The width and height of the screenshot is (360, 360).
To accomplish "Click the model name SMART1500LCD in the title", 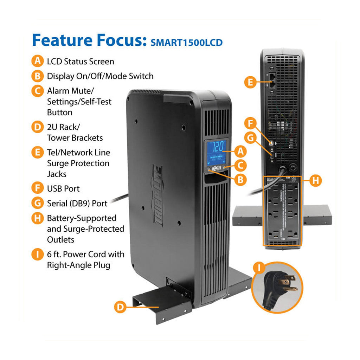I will click(186, 43).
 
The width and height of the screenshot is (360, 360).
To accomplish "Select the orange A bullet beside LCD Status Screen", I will click(37, 61).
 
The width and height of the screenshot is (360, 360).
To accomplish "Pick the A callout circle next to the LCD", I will click(240, 152).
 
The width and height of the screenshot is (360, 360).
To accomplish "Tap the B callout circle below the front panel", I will click(240, 180).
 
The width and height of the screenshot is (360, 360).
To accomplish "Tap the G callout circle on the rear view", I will click(250, 138).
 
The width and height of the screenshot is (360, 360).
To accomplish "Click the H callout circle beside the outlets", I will click(315, 180).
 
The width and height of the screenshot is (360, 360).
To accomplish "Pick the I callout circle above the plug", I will click(259, 268).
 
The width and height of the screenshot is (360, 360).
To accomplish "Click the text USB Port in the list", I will click(63, 188).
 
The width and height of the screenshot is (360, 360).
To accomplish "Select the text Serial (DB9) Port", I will click(77, 203).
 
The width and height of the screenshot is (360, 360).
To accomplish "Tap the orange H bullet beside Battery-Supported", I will click(37, 218).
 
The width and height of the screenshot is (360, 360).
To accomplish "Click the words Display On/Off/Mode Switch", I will click(100, 76).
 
